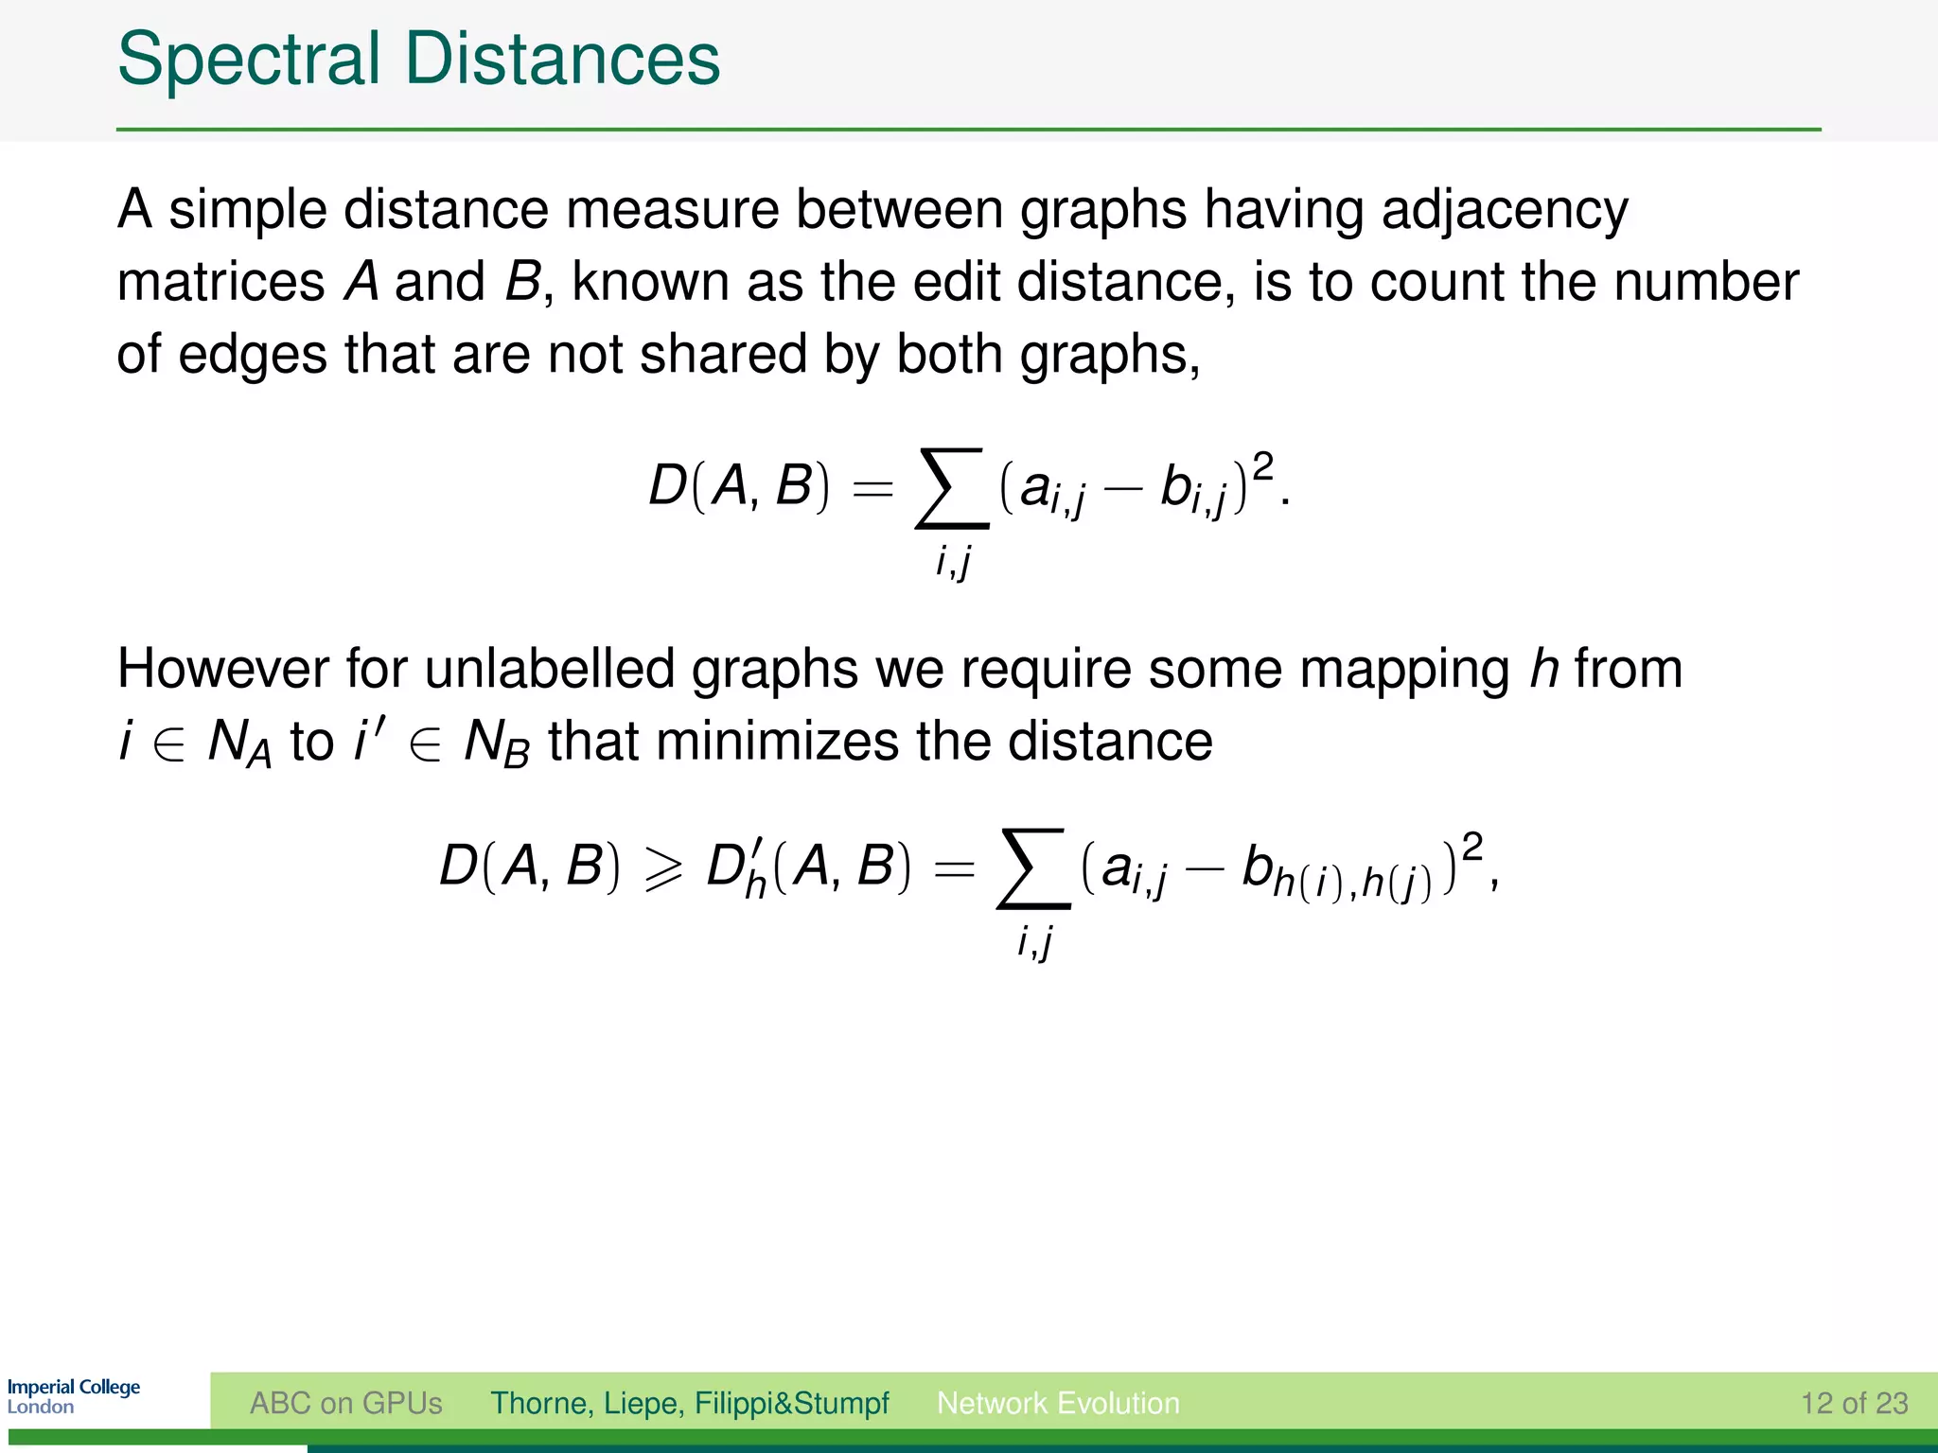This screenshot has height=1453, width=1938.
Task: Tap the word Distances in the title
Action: click(x=562, y=59)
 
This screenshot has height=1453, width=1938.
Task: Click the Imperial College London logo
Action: click(x=73, y=1396)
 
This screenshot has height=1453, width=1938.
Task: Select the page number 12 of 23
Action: click(x=1854, y=1403)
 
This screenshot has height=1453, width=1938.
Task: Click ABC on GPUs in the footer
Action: click(x=345, y=1403)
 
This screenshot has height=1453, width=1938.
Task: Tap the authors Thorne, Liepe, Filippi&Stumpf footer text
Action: click(x=689, y=1403)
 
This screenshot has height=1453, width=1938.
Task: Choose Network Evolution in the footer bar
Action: click(x=1058, y=1403)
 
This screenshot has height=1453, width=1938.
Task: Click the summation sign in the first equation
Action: click(x=952, y=488)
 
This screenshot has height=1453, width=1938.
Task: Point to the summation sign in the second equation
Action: click(x=1033, y=867)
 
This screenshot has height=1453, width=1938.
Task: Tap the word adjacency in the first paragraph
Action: click(x=1505, y=210)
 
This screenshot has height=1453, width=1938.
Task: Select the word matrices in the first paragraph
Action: click(x=220, y=282)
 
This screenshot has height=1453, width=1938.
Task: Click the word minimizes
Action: click(x=776, y=742)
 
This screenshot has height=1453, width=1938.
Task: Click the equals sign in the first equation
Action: click(x=872, y=489)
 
